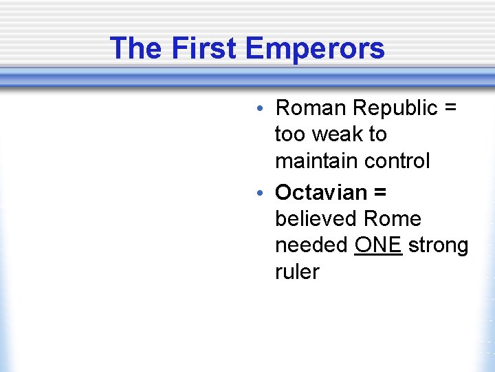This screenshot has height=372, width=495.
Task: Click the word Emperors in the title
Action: (314, 48)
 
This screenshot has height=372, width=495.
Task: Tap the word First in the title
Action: (204, 48)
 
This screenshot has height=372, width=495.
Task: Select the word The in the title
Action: (137, 48)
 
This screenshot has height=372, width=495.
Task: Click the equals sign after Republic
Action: (451, 109)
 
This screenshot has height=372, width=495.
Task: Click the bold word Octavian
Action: (320, 192)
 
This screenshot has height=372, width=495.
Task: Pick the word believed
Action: (316, 219)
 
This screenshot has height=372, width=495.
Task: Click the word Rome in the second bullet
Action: (392, 219)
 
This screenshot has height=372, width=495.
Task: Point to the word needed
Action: (311, 245)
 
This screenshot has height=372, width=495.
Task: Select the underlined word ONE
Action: (378, 245)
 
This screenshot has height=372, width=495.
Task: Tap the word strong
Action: (438, 246)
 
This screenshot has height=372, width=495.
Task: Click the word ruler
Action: (297, 272)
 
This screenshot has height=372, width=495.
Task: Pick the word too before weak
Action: (289, 134)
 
